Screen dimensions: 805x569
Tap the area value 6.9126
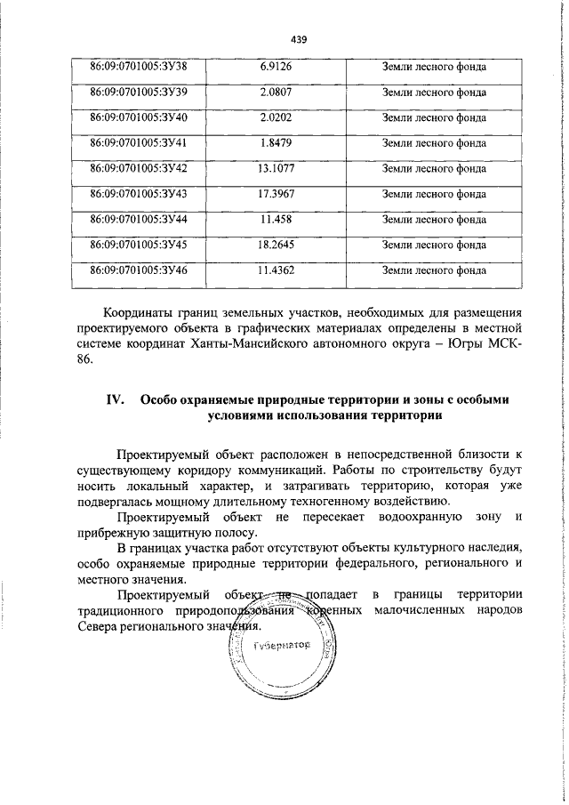point(276,67)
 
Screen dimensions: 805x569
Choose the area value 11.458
point(276,219)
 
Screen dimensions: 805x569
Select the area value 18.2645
point(276,244)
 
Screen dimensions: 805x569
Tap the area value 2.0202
point(276,117)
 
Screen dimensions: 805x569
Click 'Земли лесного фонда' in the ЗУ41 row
point(434,142)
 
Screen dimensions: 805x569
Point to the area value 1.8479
point(276,142)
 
